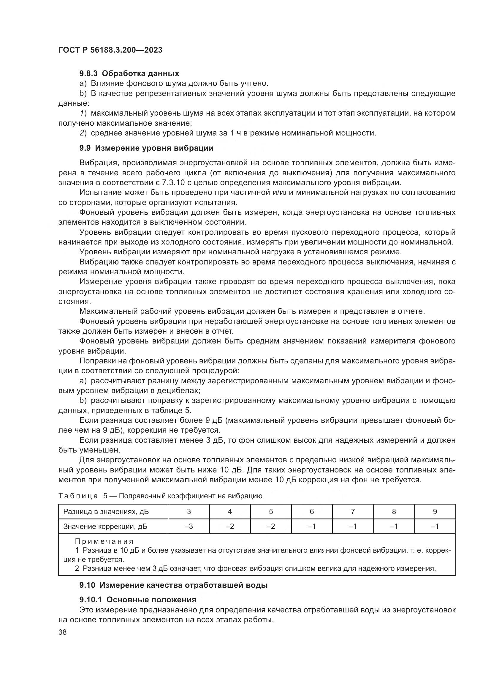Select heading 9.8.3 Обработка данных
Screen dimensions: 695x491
(129, 74)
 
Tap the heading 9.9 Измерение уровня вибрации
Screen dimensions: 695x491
(146, 148)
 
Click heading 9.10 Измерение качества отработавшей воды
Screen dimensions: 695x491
(173, 585)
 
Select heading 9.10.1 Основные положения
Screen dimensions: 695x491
(137, 600)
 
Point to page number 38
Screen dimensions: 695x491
(63, 632)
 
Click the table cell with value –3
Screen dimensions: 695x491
(189, 527)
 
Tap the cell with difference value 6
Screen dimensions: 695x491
(312, 512)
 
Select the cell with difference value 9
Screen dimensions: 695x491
(435, 512)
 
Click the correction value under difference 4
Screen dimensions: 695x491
(230, 527)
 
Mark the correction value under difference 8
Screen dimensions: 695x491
(394, 527)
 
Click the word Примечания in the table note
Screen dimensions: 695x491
(104, 541)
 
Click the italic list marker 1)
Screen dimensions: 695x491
(83, 113)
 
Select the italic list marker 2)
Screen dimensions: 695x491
(83, 133)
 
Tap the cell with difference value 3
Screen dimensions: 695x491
(189, 512)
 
